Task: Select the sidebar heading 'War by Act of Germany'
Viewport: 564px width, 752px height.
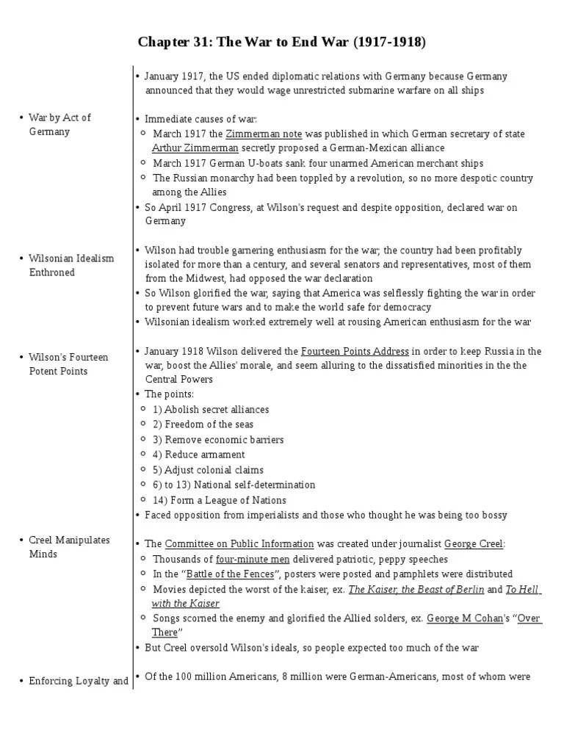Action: pos(59,125)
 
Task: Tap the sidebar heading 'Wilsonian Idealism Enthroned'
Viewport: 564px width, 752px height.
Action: pos(71,266)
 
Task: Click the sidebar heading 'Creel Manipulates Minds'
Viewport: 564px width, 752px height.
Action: pos(69,547)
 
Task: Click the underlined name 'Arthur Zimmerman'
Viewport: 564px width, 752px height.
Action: pos(195,148)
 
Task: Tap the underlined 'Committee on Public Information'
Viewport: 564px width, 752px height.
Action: pos(239,544)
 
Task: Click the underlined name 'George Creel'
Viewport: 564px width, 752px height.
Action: pos(474,544)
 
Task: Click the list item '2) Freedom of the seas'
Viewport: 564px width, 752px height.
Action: pos(203,424)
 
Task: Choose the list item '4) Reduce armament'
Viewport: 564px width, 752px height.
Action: pos(198,455)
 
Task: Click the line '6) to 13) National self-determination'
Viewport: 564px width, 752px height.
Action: pos(234,485)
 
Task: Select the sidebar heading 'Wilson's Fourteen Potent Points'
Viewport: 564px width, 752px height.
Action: pos(68,364)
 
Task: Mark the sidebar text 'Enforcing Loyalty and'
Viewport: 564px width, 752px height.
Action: pos(79,681)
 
